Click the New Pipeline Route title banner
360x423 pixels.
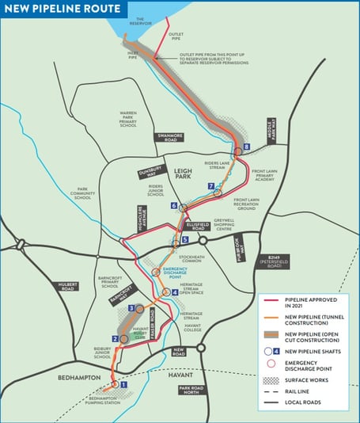pyautogui.click(x=63, y=9)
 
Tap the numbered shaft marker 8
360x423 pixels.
pyautogui.click(x=247, y=147)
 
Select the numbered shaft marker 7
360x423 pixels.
pyautogui.click(x=211, y=187)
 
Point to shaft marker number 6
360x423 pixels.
pyautogui.click(x=173, y=206)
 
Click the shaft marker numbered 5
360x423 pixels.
pyautogui.click(x=185, y=240)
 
